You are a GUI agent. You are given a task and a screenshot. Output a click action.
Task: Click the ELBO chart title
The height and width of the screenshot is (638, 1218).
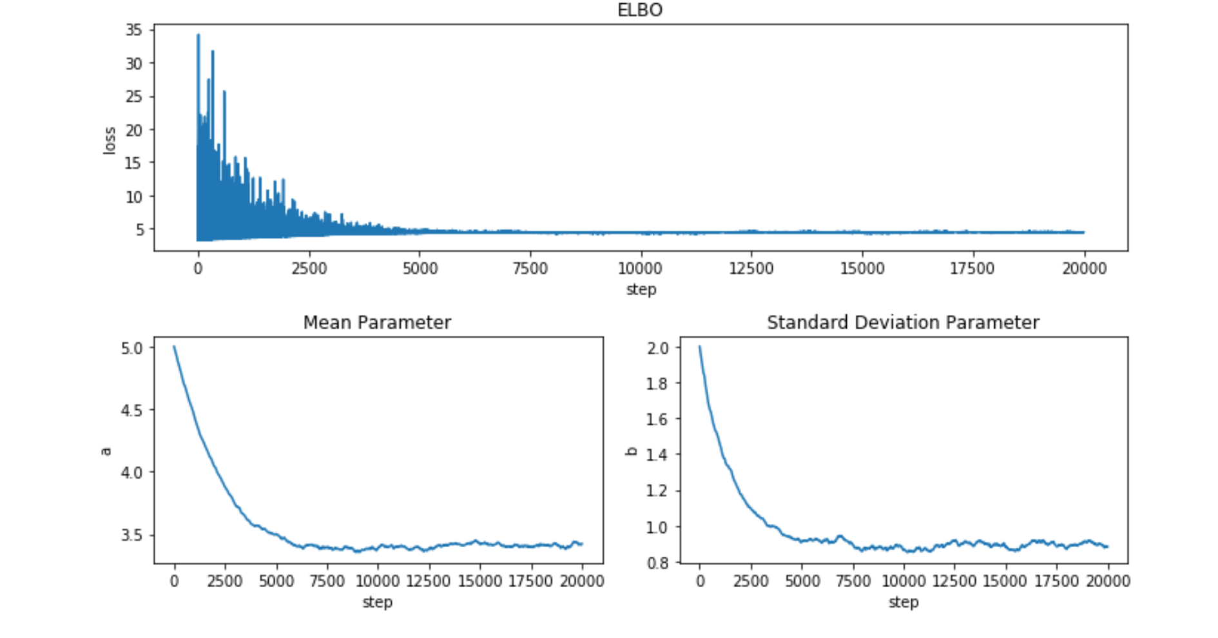click(x=639, y=10)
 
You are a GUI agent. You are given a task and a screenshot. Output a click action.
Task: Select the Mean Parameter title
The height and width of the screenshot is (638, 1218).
click(x=377, y=322)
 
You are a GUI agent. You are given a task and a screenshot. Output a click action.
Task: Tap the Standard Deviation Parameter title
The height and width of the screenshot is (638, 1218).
click(x=903, y=322)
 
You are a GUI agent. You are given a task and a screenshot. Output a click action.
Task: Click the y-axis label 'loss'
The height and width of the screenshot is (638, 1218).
click(x=110, y=140)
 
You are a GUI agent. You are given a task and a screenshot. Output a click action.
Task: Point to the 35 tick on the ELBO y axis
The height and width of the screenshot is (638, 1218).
click(x=134, y=30)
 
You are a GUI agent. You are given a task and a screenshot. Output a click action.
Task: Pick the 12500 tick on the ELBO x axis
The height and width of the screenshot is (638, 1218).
click(x=751, y=268)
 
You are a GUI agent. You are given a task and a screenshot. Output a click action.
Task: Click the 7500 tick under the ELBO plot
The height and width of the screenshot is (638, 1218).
click(x=530, y=268)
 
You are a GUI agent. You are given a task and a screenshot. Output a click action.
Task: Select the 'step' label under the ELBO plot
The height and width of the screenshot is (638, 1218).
click(x=641, y=289)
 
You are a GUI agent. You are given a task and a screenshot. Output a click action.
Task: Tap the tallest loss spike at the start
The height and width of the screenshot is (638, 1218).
click(x=198, y=36)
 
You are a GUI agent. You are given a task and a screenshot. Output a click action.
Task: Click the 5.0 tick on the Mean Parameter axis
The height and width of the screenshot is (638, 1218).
click(x=132, y=349)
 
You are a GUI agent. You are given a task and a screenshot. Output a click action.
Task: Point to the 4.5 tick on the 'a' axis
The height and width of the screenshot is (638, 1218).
click(x=132, y=411)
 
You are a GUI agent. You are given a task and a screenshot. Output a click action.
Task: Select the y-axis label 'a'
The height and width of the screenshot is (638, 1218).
click(x=106, y=451)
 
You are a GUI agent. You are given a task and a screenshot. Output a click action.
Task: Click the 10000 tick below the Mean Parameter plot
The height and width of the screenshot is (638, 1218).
click(x=378, y=581)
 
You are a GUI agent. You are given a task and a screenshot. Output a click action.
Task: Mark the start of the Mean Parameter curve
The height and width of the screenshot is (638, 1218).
click(x=174, y=347)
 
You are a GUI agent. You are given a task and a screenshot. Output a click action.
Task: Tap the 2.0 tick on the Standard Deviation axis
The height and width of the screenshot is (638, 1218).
click(x=658, y=349)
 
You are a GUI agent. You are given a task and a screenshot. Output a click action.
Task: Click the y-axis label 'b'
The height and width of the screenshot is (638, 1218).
click(x=632, y=451)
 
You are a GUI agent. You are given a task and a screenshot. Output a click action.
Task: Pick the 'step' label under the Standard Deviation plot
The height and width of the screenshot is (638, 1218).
click(x=904, y=603)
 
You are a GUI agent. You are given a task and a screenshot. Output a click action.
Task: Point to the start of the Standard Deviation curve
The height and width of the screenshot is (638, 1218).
click(x=700, y=347)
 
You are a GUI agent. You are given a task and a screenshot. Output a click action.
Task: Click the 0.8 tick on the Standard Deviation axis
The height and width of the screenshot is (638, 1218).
click(x=658, y=563)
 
